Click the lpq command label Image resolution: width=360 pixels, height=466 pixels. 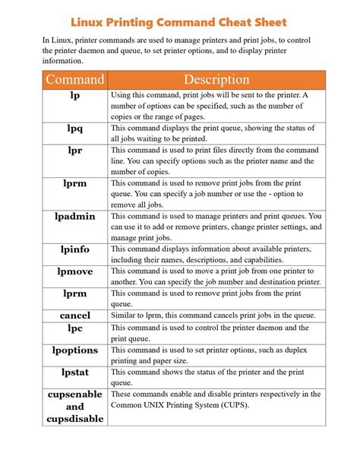click(75, 128)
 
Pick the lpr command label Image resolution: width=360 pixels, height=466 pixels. click(75, 151)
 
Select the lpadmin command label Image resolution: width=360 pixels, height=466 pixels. click(75, 217)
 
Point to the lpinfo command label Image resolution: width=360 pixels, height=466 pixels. click(75, 249)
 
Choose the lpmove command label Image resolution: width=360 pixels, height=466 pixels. click(75, 271)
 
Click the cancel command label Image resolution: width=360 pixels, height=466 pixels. click(75, 315)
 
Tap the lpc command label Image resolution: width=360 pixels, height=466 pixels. click(75, 328)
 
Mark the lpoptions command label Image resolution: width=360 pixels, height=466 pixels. click(75, 350)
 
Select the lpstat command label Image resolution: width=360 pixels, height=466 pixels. click(75, 372)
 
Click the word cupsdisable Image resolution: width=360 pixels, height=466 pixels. click(75, 419)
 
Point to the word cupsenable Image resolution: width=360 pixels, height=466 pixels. click(75, 395)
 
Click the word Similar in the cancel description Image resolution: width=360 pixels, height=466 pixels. click(127, 315)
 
